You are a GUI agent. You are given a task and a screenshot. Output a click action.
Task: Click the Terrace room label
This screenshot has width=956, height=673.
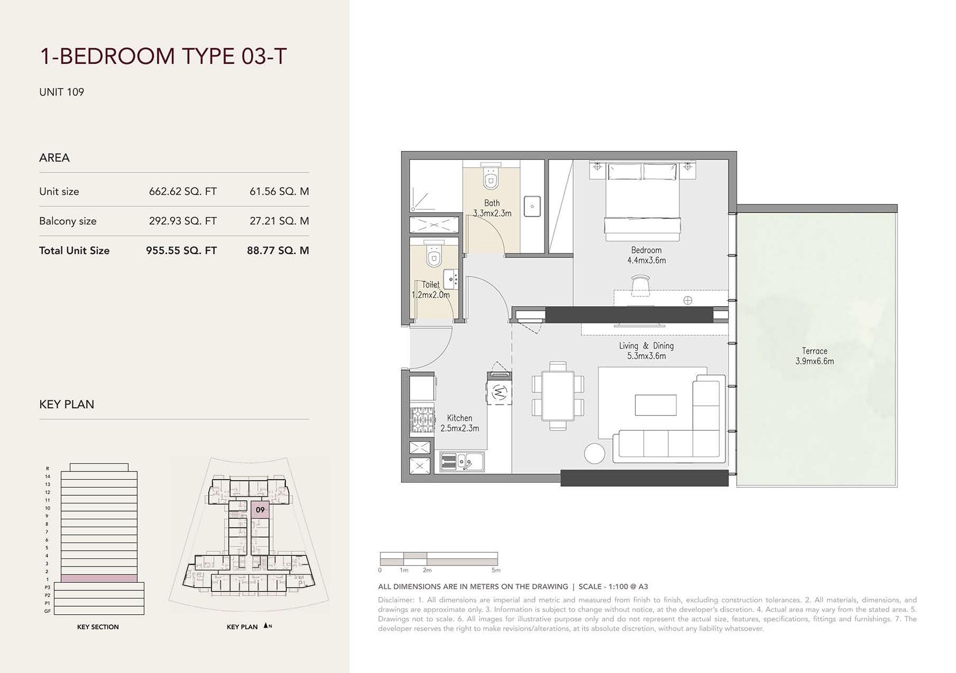coord(815,356)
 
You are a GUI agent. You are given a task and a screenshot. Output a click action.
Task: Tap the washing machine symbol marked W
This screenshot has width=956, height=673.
coord(499,393)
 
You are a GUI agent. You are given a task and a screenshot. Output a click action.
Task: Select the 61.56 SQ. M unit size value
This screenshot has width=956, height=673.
coord(279,192)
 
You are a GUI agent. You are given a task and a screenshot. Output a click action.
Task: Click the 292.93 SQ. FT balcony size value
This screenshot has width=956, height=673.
coord(183,221)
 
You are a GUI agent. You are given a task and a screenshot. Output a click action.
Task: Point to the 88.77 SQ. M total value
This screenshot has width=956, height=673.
coord(278,251)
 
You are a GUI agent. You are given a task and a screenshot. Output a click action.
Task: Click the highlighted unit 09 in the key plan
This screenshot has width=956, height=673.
coord(260,510)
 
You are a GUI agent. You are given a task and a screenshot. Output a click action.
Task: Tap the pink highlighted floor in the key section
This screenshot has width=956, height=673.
coord(99,578)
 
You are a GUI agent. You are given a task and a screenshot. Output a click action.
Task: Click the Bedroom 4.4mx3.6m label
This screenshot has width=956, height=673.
coord(646,255)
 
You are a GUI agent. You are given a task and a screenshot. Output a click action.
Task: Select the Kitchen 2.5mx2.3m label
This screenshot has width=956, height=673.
coord(459,423)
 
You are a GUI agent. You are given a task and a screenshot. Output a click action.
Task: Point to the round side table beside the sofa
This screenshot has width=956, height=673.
coord(595,453)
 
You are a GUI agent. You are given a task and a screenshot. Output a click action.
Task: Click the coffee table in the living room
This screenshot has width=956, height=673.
coord(655,405)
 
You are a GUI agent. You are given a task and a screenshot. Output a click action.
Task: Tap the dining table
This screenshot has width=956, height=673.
coord(558,396)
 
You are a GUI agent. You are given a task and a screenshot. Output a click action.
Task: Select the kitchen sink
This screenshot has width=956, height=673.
coord(462,461)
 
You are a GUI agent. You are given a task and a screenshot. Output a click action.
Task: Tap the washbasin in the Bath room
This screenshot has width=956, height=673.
coord(532,206)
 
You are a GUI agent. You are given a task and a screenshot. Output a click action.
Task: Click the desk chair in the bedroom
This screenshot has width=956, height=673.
coord(640,286)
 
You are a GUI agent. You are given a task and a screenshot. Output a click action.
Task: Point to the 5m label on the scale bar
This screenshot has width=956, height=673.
coord(496,570)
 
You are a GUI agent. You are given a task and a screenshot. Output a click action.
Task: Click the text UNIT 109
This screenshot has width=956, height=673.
coord(62,92)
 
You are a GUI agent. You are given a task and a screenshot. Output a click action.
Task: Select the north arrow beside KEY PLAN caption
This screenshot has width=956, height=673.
coord(266,626)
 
